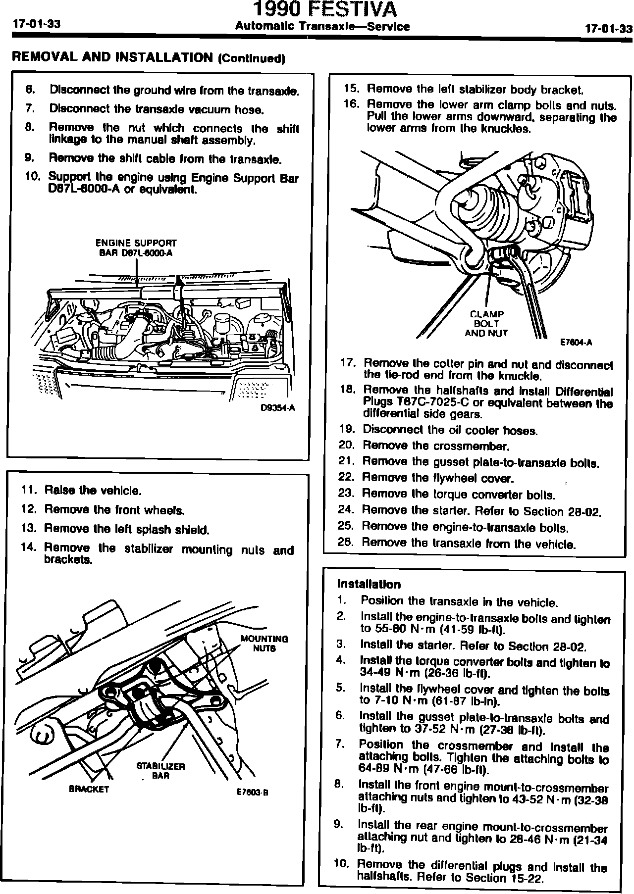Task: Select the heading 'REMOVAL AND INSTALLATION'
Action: pos(111,57)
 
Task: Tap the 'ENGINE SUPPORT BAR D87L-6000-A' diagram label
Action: pos(136,248)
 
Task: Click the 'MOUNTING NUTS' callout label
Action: pos(264,643)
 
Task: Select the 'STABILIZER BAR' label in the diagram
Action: pos(160,771)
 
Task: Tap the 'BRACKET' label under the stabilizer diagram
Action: pos(89,789)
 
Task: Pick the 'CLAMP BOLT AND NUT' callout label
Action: pos(486,323)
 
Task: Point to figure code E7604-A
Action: pos(576,342)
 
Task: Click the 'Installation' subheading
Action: pos(369,584)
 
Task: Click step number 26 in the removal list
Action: pos(345,542)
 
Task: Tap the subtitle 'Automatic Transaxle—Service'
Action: pos(322,27)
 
